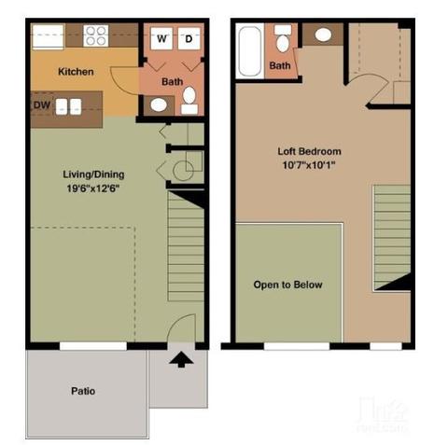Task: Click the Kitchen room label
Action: [x=76, y=72]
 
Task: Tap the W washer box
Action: [x=161, y=38]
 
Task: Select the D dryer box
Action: [x=187, y=38]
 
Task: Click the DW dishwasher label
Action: [x=40, y=105]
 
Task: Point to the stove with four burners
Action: [x=96, y=35]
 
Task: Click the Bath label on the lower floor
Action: [x=172, y=81]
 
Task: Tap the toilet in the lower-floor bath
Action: [x=189, y=98]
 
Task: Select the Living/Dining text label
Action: [x=93, y=174]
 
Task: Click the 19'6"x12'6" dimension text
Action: [x=93, y=189]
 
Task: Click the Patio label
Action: [x=82, y=391]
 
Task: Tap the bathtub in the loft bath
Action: [x=249, y=50]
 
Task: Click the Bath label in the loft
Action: [x=280, y=66]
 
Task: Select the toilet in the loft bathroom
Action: [x=282, y=38]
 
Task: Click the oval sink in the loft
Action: [x=323, y=35]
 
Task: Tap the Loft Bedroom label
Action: [x=309, y=151]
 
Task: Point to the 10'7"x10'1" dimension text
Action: [x=309, y=166]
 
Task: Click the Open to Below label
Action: [x=287, y=285]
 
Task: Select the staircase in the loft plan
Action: [x=392, y=237]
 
